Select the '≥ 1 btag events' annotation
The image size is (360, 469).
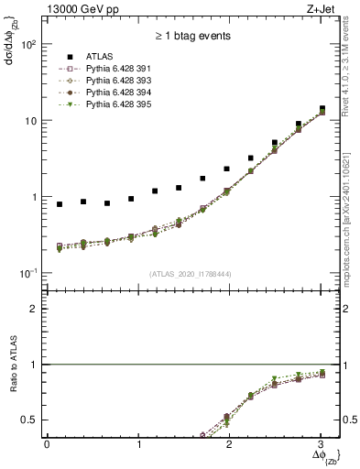192,36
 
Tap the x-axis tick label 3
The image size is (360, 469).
321,444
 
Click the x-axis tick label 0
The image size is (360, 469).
47,444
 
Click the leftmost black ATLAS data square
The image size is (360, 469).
60,203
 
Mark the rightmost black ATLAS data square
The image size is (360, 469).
321,108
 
